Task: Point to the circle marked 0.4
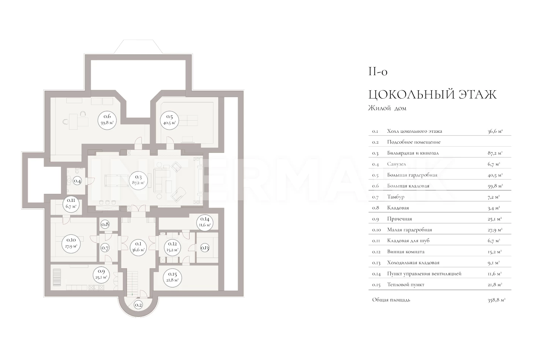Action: coord(77,181)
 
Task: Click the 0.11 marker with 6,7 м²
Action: coord(71,204)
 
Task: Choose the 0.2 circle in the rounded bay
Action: coord(138,305)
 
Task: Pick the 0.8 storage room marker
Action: coord(105,224)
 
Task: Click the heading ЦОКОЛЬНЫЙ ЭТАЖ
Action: coord(432,95)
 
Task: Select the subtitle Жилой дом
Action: coord(387,108)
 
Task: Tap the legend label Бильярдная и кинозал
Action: coord(413,153)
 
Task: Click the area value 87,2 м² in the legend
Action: coord(495,153)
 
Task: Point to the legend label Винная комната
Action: coord(406,252)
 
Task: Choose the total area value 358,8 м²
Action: coord(496,300)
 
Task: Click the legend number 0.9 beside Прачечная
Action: coord(375,219)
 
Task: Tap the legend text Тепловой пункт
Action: coord(406,285)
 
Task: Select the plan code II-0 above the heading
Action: coord(378,72)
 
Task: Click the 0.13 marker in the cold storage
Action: coord(205,248)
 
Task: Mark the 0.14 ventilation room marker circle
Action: coord(205,222)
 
